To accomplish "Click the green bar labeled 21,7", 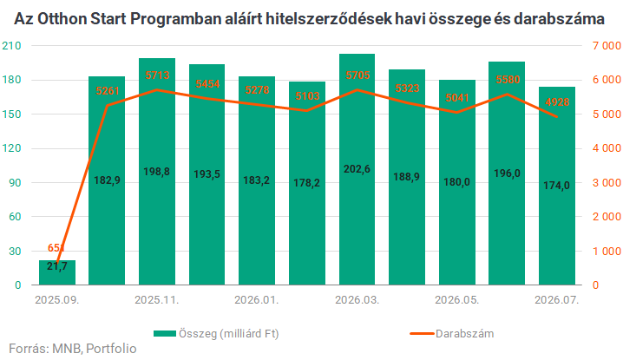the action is coord(56,272).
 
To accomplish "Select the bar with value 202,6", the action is coord(357,169).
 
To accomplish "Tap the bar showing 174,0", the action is coord(557,186).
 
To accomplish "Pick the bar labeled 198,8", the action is coord(157,171).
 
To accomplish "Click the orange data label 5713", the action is coord(157,75).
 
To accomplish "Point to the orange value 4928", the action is coord(557,102).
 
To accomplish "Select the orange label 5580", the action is coord(508,80).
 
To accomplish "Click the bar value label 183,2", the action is coord(256,180).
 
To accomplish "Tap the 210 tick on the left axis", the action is coord(11,46).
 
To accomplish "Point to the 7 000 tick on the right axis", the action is coord(607,46).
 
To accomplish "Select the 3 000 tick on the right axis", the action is coord(607,183).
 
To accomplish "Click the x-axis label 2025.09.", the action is coord(57,299).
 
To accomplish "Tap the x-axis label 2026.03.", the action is coord(357,299).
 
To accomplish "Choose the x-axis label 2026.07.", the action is coord(557,299).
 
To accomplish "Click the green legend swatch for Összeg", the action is coord(165,333).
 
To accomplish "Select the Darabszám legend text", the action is coord(465,333).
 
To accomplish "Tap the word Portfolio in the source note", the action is coord(111,349).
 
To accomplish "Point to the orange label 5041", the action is coord(457,98).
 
